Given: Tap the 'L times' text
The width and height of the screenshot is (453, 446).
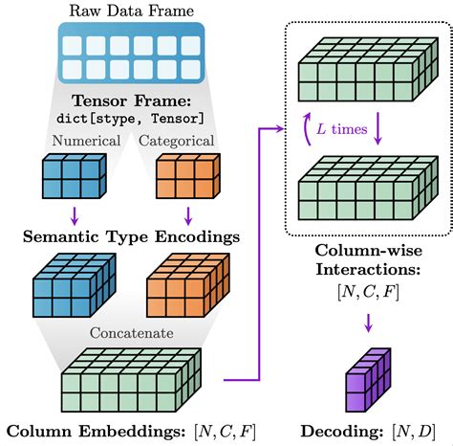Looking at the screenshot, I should click(340, 127).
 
